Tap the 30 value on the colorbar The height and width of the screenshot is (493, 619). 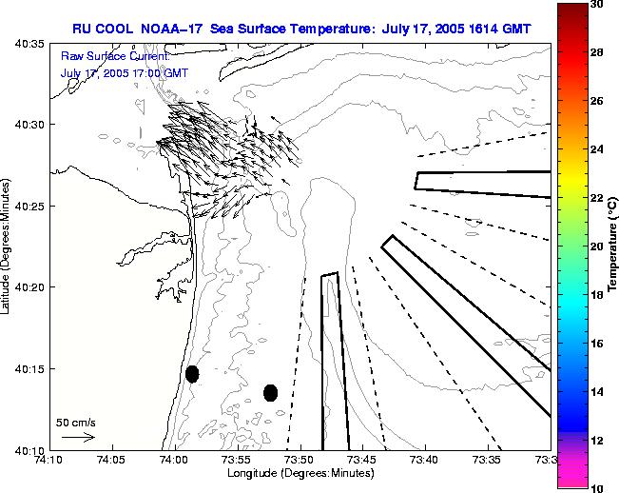(596, 4)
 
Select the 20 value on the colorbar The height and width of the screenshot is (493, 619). (596, 246)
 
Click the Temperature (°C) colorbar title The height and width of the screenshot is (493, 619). (613, 245)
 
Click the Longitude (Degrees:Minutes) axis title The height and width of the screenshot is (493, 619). (300, 472)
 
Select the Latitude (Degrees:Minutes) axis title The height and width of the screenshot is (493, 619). (8, 246)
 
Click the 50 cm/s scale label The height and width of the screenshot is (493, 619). (75, 422)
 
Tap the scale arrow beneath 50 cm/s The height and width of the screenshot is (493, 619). (77, 437)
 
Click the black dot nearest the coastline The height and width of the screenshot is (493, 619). (192, 374)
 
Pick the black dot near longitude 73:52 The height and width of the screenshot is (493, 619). (270, 392)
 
